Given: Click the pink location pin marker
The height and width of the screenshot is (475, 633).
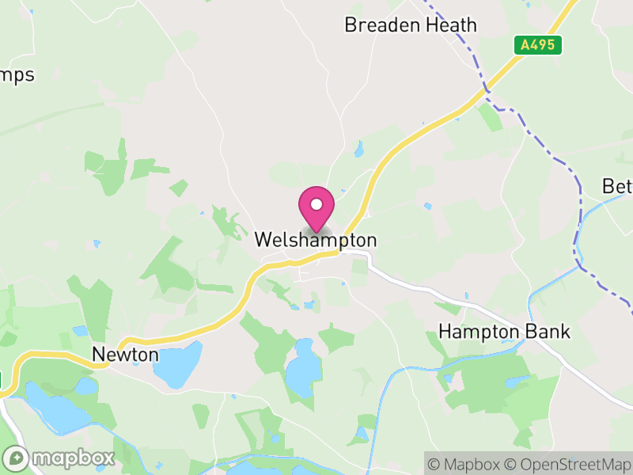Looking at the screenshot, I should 316,210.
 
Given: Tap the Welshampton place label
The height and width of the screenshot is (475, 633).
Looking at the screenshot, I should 316,240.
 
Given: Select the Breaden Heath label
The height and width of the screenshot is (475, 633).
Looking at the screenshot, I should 411,25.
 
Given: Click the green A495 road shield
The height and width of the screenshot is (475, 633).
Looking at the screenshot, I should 541,46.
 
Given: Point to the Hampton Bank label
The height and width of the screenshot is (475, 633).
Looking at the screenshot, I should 505,331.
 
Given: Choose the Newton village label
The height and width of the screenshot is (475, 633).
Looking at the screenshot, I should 125,355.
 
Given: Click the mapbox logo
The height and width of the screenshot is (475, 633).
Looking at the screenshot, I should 59,458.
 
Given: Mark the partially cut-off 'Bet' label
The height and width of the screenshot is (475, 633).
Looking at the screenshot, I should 616,187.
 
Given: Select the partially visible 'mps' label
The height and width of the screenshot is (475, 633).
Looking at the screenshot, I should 17,76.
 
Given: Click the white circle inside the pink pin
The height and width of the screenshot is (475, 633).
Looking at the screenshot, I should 316,204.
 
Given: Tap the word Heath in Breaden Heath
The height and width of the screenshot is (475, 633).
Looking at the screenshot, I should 448,25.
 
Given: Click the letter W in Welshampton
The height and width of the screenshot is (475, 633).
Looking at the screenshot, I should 263,240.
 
